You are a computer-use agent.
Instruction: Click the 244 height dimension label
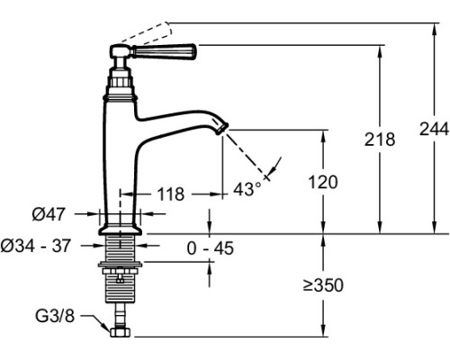tap(434, 129)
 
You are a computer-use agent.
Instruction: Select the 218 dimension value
tap(380, 139)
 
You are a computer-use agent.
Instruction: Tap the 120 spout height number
tap(323, 182)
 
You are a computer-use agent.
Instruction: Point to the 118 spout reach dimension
tap(171, 194)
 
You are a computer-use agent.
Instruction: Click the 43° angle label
tap(247, 189)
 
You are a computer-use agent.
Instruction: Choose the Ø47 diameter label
tap(49, 214)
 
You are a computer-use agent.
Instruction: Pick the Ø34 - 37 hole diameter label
tap(36, 246)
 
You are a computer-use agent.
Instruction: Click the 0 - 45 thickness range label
tap(210, 248)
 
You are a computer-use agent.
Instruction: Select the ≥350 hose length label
tap(323, 285)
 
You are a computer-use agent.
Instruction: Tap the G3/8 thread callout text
tap(55, 316)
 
